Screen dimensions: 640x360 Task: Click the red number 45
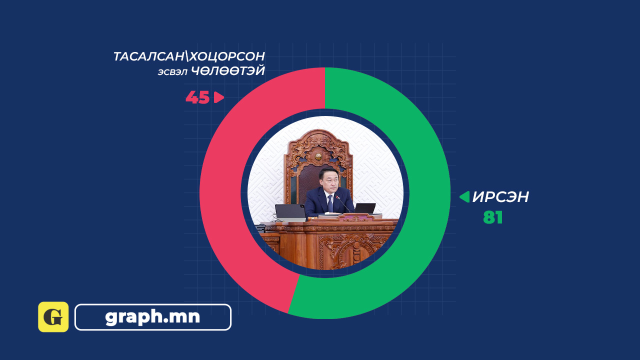click(197, 97)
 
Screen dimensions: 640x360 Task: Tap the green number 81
click(492, 217)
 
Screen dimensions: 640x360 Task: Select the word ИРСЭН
click(500, 197)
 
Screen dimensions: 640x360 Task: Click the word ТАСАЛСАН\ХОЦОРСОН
click(189, 56)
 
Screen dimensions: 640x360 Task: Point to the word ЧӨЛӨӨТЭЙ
click(228, 71)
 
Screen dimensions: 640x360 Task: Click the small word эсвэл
click(172, 72)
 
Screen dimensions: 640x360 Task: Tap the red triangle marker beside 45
click(218, 97)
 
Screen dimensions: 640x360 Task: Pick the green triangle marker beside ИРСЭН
click(464, 197)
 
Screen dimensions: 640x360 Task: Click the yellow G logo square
click(53, 317)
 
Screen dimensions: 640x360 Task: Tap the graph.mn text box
click(153, 317)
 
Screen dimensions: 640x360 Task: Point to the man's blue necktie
click(330, 203)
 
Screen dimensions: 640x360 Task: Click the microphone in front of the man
click(343, 204)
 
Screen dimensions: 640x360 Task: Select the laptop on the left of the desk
click(290, 212)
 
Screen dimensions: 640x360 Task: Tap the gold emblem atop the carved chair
click(318, 156)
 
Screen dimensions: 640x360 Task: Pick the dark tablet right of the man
click(365, 208)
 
